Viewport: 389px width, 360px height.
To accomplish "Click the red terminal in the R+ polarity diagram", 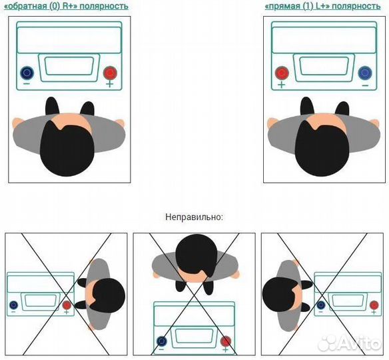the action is click(110, 73).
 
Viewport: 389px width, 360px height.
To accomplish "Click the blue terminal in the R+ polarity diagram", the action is click(27, 73).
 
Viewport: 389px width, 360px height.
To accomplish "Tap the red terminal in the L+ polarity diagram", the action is click(282, 73).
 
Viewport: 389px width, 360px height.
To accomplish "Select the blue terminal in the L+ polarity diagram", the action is click(365, 73).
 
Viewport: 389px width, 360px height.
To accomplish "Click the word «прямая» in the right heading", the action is click(283, 6).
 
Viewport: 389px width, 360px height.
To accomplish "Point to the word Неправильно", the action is click(195, 217).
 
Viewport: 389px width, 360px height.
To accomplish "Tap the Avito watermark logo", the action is click(350, 343).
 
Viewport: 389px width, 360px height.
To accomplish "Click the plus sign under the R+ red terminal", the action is click(110, 84).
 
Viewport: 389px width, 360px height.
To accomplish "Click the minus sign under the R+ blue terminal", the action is click(27, 84).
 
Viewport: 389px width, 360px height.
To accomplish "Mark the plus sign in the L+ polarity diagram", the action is click(281, 85).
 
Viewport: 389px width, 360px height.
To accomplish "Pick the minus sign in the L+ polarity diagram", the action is click(365, 85).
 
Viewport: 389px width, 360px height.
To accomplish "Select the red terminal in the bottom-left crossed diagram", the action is click(67, 305).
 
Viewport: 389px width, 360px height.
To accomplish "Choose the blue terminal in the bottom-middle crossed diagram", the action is click(162, 341).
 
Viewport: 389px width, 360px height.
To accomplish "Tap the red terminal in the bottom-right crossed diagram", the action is click(374, 305).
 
